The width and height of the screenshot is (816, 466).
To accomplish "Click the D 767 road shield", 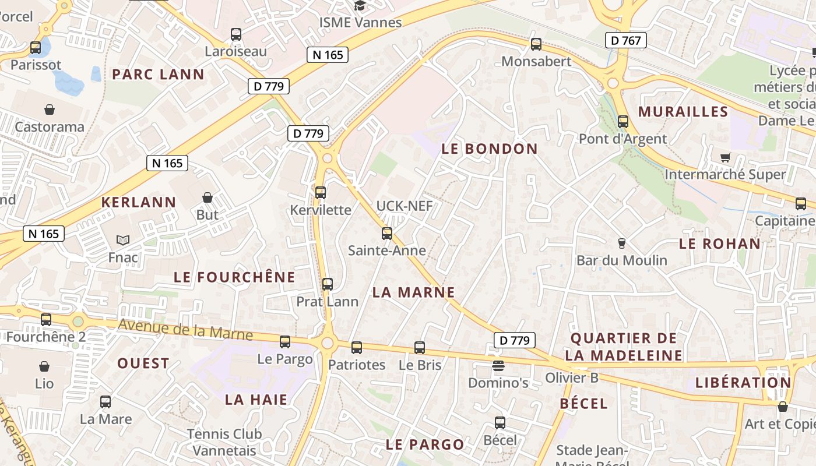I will (627, 40).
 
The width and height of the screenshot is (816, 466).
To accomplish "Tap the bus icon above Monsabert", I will (536, 44).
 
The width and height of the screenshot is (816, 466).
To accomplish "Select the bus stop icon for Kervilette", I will (321, 192).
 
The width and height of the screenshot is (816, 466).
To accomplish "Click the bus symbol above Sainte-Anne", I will (386, 234).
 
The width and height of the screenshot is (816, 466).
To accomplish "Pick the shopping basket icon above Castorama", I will (50, 110).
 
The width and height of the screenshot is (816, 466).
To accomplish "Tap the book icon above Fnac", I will (123, 240).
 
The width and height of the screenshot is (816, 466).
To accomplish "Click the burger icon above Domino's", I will (498, 366).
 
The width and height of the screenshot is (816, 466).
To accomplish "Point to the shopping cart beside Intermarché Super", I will (726, 157).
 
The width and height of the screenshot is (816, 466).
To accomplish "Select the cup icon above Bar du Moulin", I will (621, 243).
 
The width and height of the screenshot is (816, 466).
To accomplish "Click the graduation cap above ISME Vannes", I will (360, 6).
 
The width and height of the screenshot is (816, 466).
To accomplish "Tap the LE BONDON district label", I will (490, 149).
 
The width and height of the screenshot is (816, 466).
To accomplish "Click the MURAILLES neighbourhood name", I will (683, 112).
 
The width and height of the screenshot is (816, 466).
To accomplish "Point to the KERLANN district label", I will (139, 202).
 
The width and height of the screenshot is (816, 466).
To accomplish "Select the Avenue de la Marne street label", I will (185, 330).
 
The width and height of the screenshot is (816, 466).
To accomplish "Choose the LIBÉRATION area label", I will (743, 383).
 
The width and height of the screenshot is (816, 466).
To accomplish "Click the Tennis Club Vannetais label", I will (224, 442).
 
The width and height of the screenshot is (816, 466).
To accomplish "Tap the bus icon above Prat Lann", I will (328, 284).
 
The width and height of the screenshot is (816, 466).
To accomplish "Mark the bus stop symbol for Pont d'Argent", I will (622, 122).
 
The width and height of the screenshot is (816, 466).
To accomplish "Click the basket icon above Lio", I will (44, 366).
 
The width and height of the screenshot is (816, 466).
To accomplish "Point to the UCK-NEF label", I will (405, 206).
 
